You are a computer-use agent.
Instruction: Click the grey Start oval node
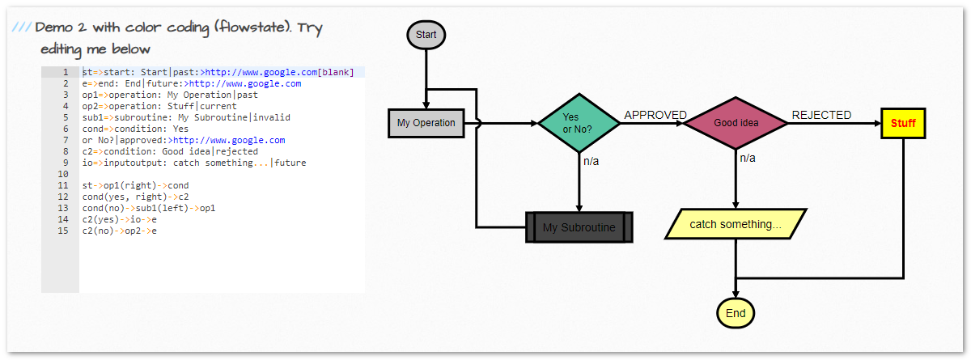pyautogui.click(x=426, y=35)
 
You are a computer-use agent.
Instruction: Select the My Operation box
pyautogui.click(x=426, y=124)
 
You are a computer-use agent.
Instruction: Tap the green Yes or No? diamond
pyautogui.click(x=579, y=124)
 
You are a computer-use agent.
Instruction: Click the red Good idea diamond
pyautogui.click(x=736, y=124)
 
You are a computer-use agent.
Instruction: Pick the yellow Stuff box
pyautogui.click(x=903, y=124)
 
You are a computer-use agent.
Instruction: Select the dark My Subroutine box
pyautogui.click(x=579, y=227)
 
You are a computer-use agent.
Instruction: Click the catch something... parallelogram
pyautogui.click(x=736, y=224)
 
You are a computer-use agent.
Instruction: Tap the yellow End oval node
pyautogui.click(x=736, y=313)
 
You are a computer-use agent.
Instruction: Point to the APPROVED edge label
pyautogui.click(x=655, y=115)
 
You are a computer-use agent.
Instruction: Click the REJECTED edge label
pyautogui.click(x=821, y=115)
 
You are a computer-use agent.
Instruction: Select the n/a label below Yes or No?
pyautogui.click(x=592, y=161)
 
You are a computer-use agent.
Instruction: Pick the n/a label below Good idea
pyautogui.click(x=748, y=158)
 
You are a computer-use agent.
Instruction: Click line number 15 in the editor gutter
pyautogui.click(x=64, y=231)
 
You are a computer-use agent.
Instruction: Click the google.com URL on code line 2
pyautogui.click(x=245, y=83)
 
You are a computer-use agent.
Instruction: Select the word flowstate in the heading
pyautogui.click(x=251, y=28)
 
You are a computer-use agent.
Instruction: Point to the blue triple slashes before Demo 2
pyautogui.click(x=21, y=28)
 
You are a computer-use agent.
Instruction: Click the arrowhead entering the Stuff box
pyautogui.click(x=876, y=124)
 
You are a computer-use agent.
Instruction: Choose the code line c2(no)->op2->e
pyautogui.click(x=119, y=231)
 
